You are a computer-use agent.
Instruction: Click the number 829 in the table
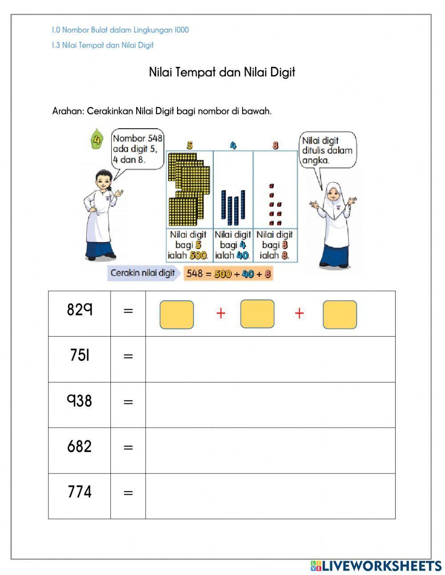80,309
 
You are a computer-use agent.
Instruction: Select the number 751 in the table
80,355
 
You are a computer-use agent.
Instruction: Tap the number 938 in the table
80,401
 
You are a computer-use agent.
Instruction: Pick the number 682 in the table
80,446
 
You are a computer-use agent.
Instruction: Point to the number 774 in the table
80,492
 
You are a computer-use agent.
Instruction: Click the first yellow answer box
177,314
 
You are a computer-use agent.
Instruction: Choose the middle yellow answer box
257,314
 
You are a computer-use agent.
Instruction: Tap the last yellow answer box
340,314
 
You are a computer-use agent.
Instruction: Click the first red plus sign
221,314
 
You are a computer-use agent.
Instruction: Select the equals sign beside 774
128,493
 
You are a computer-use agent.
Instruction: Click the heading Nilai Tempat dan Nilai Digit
222,72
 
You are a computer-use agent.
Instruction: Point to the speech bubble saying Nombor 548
138,149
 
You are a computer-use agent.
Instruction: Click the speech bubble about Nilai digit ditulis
327,150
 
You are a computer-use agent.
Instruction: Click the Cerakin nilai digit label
142,273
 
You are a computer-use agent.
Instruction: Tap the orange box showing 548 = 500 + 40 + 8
228,273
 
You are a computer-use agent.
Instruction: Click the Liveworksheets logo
376,566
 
